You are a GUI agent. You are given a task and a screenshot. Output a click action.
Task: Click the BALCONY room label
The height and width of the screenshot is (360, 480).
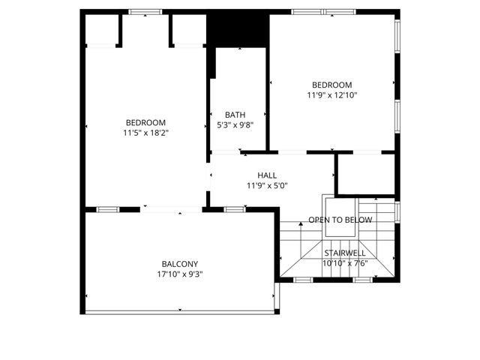tap(180, 264)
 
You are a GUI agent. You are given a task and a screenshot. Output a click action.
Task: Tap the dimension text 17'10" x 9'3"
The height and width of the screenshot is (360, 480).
tap(180, 274)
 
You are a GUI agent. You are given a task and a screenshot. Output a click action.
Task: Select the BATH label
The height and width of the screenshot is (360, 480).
tap(235, 115)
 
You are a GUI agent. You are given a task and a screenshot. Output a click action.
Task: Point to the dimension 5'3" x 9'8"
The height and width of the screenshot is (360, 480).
tap(235, 125)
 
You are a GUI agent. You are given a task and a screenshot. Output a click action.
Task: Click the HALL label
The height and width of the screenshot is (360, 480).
tap(267, 175)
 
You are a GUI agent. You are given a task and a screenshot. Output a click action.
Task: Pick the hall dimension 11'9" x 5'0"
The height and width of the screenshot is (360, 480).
tap(267, 186)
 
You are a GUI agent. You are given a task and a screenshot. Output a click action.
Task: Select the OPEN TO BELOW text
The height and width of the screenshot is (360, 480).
tap(340, 220)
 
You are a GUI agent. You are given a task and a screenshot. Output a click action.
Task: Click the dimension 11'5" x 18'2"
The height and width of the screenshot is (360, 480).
tap(145, 133)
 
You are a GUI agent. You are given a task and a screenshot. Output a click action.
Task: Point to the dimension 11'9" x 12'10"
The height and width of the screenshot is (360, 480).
tap(331, 95)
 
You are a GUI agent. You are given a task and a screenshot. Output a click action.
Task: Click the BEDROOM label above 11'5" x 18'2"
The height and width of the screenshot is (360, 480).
tap(145, 122)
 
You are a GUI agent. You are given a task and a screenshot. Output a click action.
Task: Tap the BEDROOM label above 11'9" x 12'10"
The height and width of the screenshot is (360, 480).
tap(331, 85)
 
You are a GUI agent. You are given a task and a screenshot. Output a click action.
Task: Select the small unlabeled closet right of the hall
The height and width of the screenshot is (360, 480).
tap(364, 174)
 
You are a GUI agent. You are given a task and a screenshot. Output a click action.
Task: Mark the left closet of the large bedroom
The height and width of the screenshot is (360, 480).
tap(101, 30)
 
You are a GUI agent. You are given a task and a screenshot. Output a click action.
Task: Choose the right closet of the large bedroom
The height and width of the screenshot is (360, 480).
tap(188, 30)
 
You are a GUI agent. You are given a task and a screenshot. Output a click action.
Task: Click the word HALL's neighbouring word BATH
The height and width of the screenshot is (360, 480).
tap(235, 115)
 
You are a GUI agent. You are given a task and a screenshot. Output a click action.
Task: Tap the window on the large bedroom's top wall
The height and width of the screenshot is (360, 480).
tap(145, 12)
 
